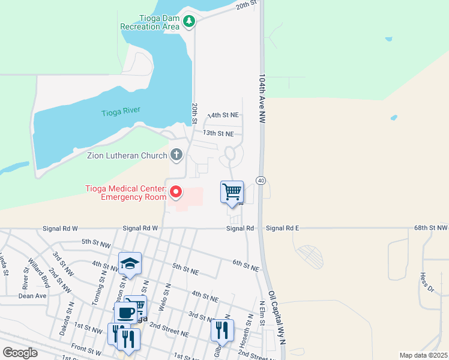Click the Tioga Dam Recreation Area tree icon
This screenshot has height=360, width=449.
click(x=190, y=22)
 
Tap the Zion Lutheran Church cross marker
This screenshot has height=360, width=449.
click(x=176, y=155)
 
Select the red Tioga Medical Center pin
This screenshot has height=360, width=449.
click(x=176, y=192)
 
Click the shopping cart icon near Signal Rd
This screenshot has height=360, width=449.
click(x=232, y=192)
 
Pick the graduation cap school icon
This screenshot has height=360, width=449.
click(x=130, y=263)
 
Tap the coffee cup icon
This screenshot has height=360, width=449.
click(x=125, y=313)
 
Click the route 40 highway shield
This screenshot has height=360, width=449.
click(x=261, y=180)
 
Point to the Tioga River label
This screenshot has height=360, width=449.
click(x=121, y=111)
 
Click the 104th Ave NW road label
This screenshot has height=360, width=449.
click(x=262, y=100)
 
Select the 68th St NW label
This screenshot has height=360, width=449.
click(x=430, y=228)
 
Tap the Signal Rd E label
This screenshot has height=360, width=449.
click(x=282, y=228)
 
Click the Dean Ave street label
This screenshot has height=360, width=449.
click(x=32, y=296)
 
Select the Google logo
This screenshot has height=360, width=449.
click(x=20, y=353)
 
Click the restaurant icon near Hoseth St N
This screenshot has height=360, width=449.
click(x=221, y=329)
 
